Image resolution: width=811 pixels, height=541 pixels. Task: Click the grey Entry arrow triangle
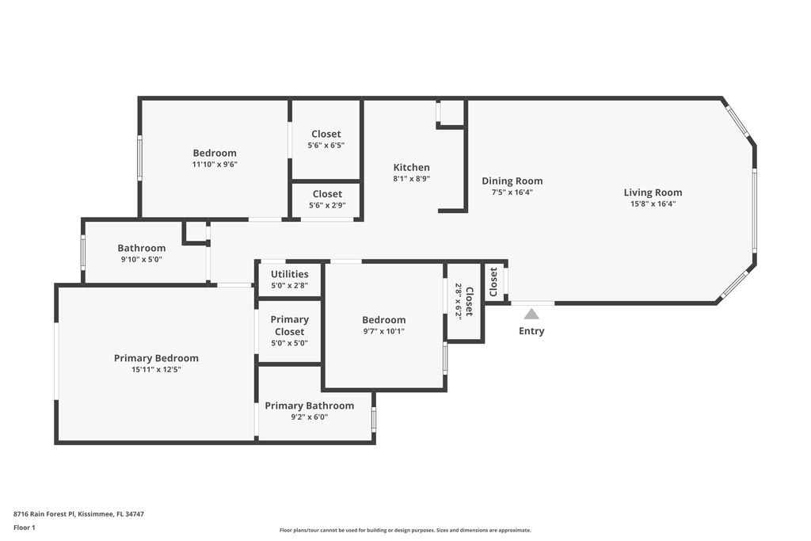click(x=531, y=314)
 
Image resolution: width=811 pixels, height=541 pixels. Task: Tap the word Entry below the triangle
click(x=531, y=331)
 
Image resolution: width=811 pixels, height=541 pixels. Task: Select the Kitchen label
click(x=412, y=168)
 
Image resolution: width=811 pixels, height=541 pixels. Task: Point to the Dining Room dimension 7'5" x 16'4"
click(x=512, y=192)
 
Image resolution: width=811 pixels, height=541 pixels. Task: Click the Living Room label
click(x=653, y=192)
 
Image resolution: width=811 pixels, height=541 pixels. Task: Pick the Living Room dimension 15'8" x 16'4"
click(x=653, y=204)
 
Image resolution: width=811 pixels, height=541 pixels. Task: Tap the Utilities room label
click(x=290, y=274)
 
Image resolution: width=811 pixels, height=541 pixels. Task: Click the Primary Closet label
click(x=290, y=326)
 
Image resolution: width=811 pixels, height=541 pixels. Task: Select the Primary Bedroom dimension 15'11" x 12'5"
click(x=156, y=369)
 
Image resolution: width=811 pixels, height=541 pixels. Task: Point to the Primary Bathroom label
click(x=310, y=406)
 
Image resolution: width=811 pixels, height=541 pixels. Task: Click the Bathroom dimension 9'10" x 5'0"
click(x=142, y=260)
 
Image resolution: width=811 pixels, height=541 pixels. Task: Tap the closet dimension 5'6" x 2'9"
click(x=327, y=205)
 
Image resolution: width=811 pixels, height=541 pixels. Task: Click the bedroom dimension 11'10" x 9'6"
click(x=215, y=165)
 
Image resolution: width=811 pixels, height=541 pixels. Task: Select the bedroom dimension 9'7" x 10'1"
click(x=384, y=331)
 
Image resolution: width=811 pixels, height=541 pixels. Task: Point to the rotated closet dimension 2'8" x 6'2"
click(x=459, y=302)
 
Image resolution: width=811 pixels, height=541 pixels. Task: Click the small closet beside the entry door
click(x=494, y=282)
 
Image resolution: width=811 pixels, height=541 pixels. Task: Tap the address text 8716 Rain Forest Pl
click(x=44, y=514)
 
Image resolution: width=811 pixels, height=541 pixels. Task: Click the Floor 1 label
click(x=25, y=528)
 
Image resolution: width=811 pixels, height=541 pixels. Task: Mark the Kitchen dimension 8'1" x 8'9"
click(x=412, y=179)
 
